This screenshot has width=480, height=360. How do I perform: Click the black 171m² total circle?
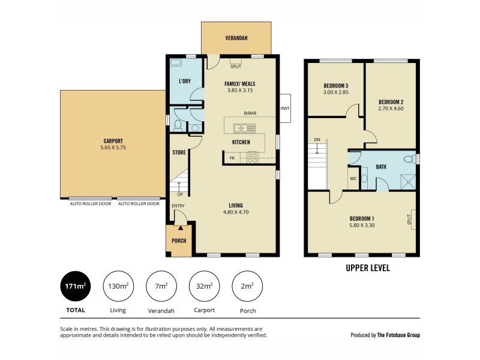click(76, 286)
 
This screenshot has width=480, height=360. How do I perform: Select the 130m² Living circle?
click(118, 286)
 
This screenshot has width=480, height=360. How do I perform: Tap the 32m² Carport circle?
click(204, 286)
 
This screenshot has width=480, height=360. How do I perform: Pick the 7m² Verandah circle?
click(161, 286)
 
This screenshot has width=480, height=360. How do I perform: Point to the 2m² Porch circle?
click(247, 286)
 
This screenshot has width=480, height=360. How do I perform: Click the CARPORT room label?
click(113, 141)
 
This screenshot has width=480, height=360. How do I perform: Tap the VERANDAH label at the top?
click(236, 38)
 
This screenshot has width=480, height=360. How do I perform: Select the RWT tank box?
click(284, 109)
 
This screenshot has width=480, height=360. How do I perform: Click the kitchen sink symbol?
click(245, 127)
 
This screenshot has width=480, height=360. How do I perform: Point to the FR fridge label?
click(232, 158)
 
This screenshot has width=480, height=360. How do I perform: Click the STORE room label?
click(179, 152)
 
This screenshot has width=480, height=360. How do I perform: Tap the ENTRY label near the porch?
click(178, 206)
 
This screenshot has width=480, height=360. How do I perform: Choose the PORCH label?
click(178, 241)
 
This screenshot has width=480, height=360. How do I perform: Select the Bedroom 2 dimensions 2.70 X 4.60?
click(390, 108)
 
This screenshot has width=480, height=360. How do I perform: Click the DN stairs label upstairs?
click(317, 140)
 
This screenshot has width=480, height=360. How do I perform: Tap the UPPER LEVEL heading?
click(368, 268)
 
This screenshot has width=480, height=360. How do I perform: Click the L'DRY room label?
click(185, 81)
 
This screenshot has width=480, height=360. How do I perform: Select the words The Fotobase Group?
click(399, 335)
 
